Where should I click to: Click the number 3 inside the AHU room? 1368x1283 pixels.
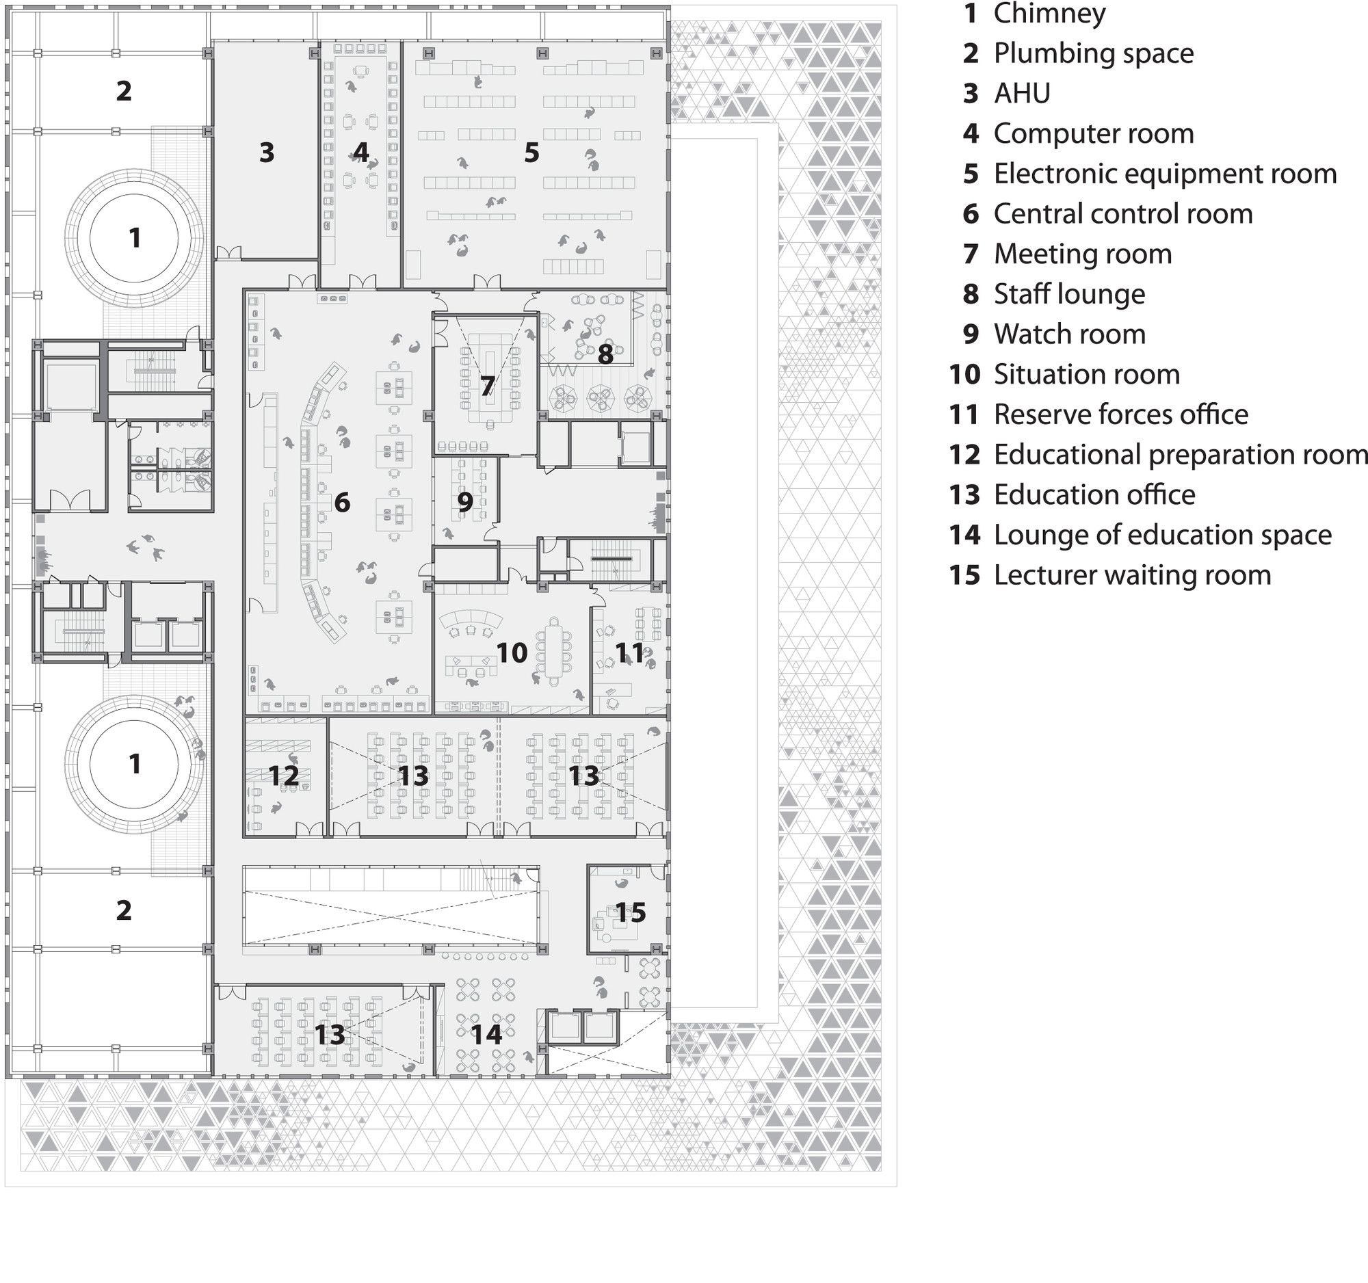coord(267,152)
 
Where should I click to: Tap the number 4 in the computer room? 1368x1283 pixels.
coord(360,152)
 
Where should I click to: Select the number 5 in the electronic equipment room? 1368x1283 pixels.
coord(531,153)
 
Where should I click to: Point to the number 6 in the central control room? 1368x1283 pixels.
coord(342,503)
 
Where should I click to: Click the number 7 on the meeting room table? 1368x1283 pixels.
coord(487,386)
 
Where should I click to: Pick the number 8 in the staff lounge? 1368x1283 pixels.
coord(605,354)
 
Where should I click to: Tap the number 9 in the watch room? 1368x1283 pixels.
coord(465,503)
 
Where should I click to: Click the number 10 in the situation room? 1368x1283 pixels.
coord(512,653)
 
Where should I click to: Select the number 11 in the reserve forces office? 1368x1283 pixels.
coord(629,653)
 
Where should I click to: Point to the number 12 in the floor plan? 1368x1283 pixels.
coord(283,776)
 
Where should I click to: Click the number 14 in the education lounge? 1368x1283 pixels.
coord(486,1034)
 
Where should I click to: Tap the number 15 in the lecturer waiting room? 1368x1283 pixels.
coord(631,912)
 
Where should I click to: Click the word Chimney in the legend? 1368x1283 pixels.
coord(1049,14)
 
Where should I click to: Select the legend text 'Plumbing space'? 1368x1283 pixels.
coord(1094,53)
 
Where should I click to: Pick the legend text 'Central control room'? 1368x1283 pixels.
coord(1123,214)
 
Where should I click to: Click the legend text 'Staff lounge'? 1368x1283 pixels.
coord(1069,295)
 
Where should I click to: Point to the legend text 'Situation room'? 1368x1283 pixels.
coord(1087,375)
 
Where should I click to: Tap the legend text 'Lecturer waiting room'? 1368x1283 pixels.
coord(1133,576)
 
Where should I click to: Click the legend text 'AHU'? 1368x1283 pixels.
coord(1022,94)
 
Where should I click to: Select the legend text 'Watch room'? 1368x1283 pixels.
coord(1069,335)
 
